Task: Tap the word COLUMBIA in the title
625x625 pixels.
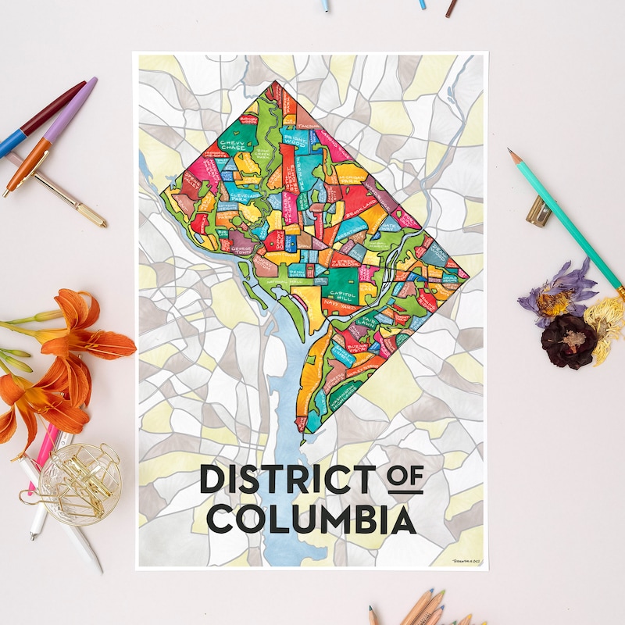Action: [x=312, y=520]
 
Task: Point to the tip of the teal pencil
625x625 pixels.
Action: [x=510, y=151]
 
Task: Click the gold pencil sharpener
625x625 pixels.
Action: [x=538, y=211]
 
